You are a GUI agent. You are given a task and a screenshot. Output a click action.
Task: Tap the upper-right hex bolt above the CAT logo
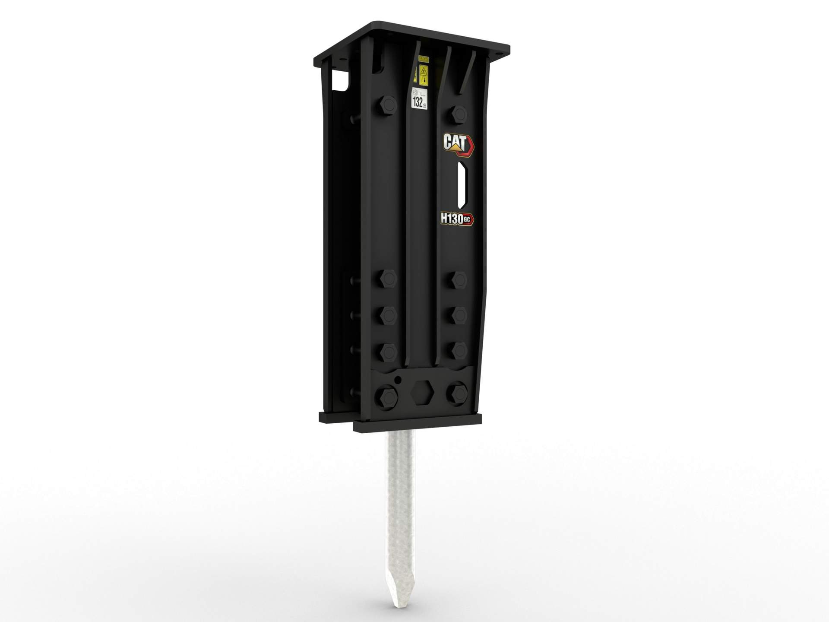pyautogui.click(x=459, y=114)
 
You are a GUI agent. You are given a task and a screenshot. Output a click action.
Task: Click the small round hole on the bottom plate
pyautogui.click(x=398, y=380)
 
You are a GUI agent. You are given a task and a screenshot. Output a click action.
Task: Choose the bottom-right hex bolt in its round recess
pyautogui.click(x=458, y=392)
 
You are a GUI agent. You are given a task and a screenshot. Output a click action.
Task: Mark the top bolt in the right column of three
pyautogui.click(x=458, y=279)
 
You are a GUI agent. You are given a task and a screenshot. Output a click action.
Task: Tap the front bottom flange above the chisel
pyautogui.click(x=417, y=425)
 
